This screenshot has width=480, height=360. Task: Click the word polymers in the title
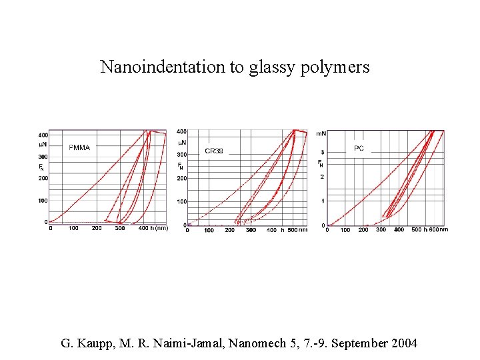pyautogui.click(x=337, y=67)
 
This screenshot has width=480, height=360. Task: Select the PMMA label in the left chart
pyautogui.click(x=81, y=147)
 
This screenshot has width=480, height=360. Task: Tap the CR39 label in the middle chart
pyautogui.click(x=214, y=151)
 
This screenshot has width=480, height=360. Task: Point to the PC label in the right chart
pyautogui.click(x=359, y=148)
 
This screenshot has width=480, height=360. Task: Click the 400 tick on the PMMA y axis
pyautogui.click(x=43, y=135)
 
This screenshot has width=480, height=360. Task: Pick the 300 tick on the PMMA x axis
pyautogui.click(x=120, y=228)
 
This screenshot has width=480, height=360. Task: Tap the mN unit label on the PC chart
pyautogui.click(x=321, y=134)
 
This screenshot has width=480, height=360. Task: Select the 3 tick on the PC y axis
pyautogui.click(x=322, y=153)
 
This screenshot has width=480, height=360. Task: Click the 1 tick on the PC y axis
pyautogui.click(x=322, y=201)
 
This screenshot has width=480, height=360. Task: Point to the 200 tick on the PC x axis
pyautogui.click(x=363, y=230)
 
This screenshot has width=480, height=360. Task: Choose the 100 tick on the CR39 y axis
pyautogui.click(x=181, y=201)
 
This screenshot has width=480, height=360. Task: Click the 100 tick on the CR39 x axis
pyautogui.click(x=209, y=230)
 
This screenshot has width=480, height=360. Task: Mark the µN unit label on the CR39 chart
pyautogui.click(x=181, y=143)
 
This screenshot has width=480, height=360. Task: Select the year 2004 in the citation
pyautogui.click(x=403, y=344)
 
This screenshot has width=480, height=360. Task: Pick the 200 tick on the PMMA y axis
pyautogui.click(x=43, y=178)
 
